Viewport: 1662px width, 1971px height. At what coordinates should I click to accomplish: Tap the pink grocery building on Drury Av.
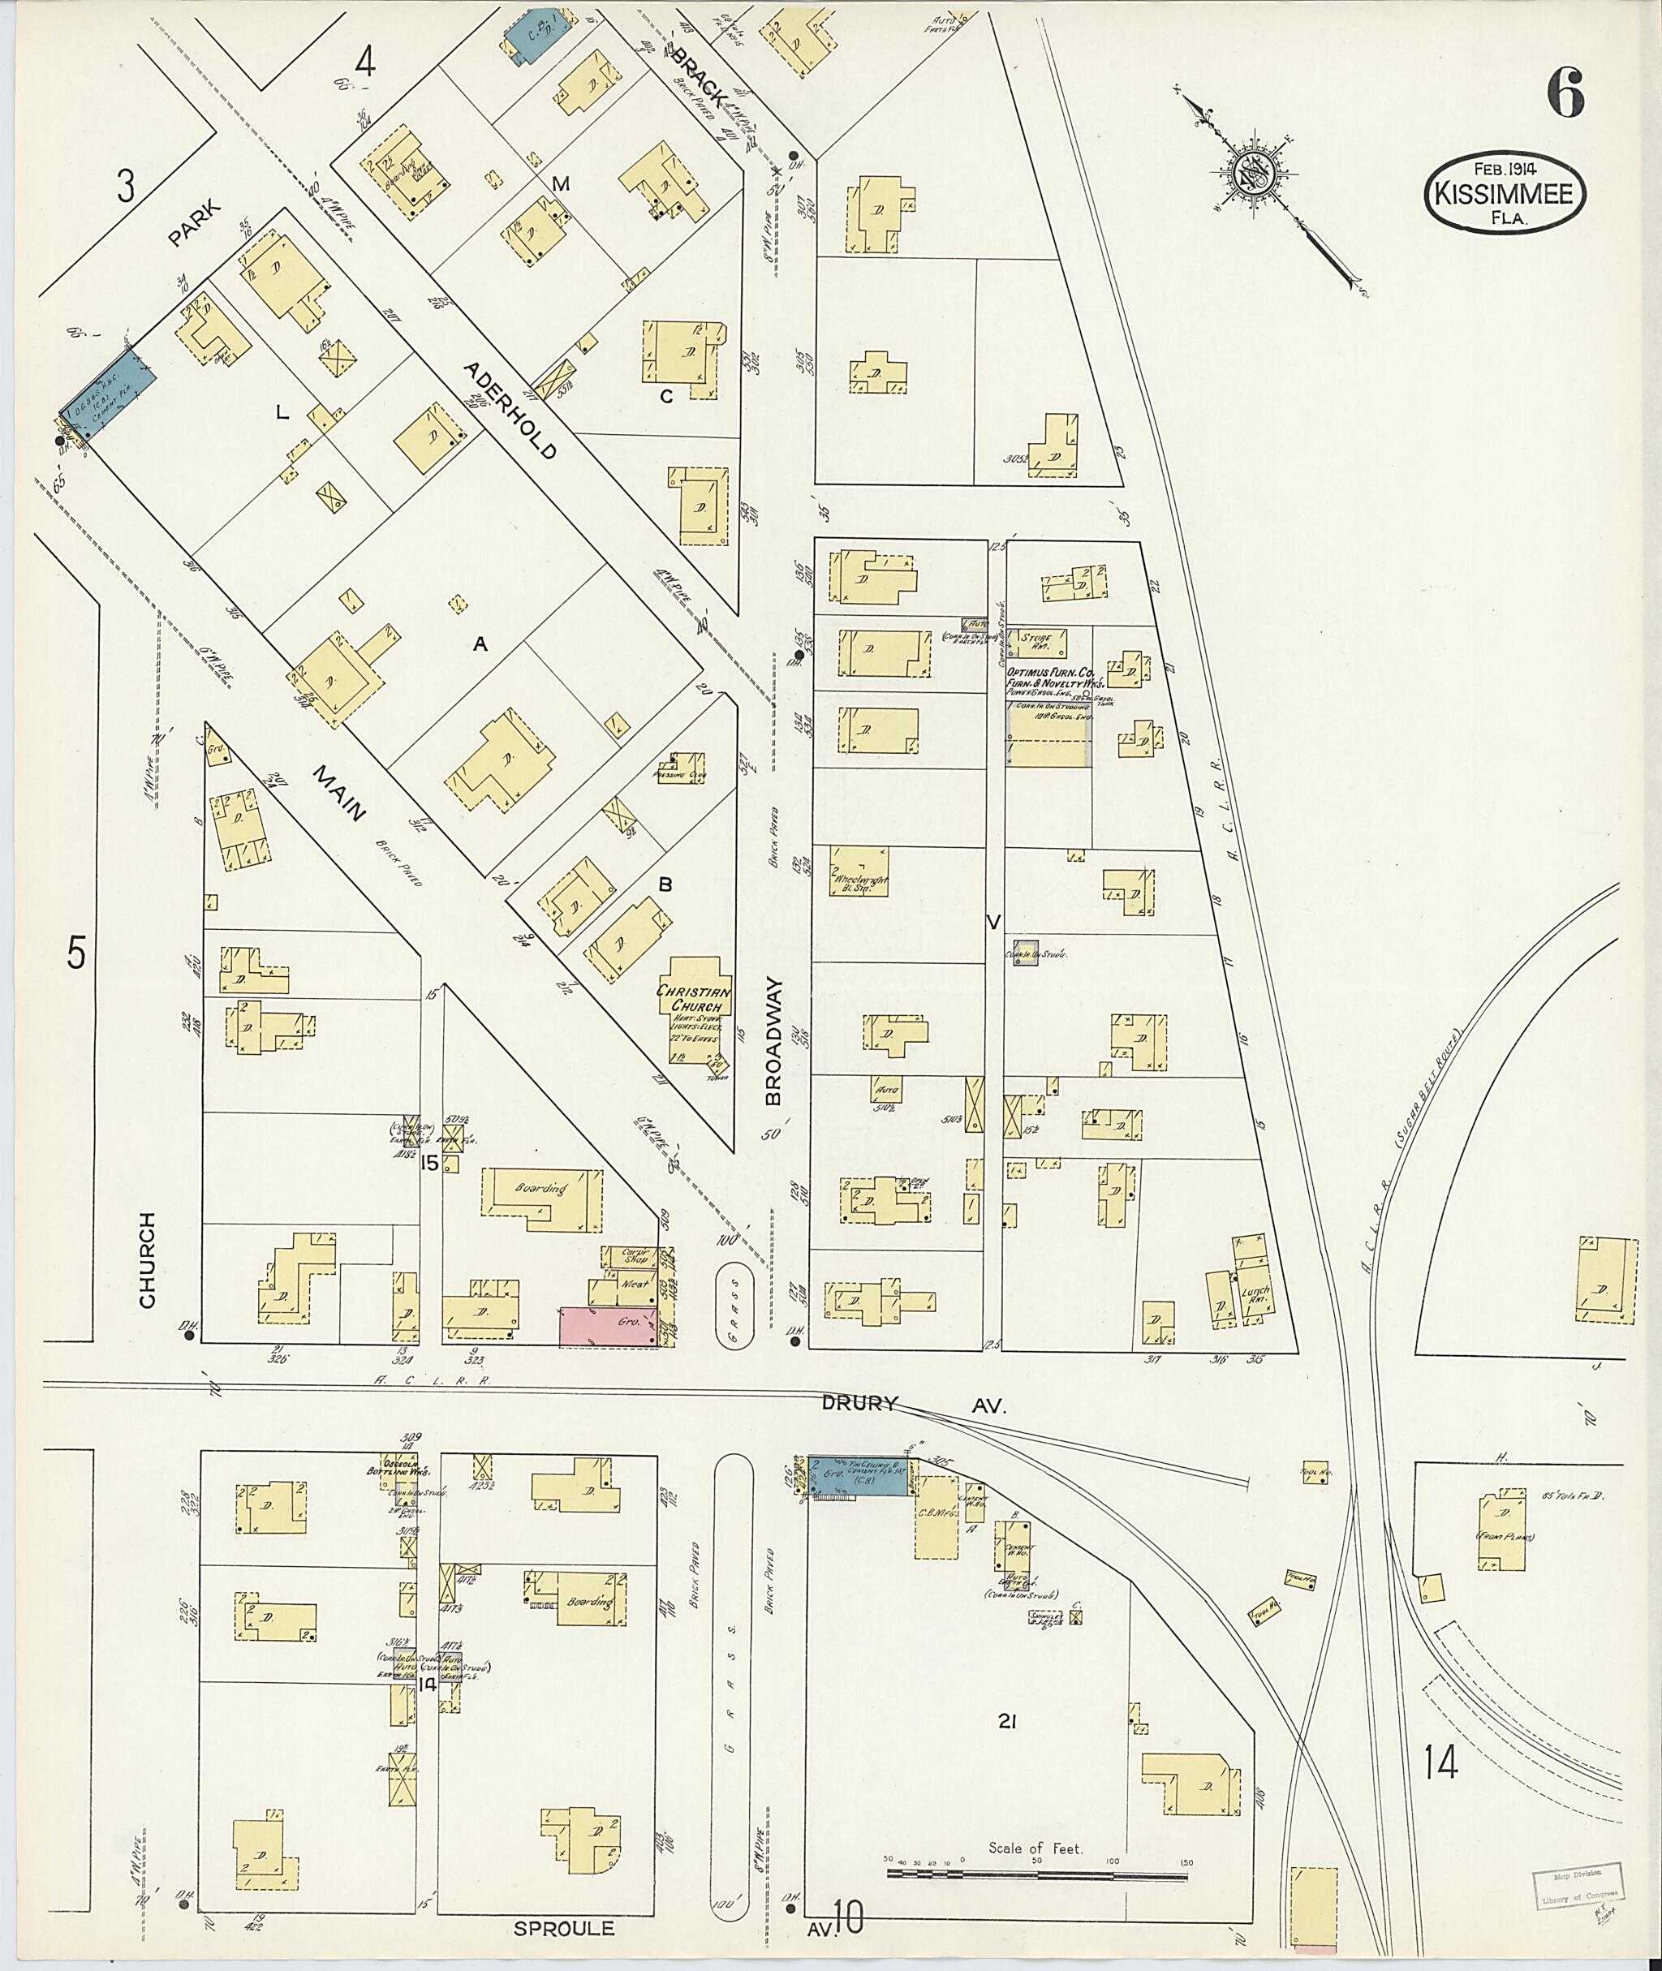(609, 1327)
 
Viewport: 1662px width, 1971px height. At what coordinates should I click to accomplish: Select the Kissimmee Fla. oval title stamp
(1504, 192)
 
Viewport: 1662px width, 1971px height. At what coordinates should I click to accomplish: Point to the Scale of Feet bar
(1036, 1874)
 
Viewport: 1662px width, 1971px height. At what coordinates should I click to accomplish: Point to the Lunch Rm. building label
(1254, 1294)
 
